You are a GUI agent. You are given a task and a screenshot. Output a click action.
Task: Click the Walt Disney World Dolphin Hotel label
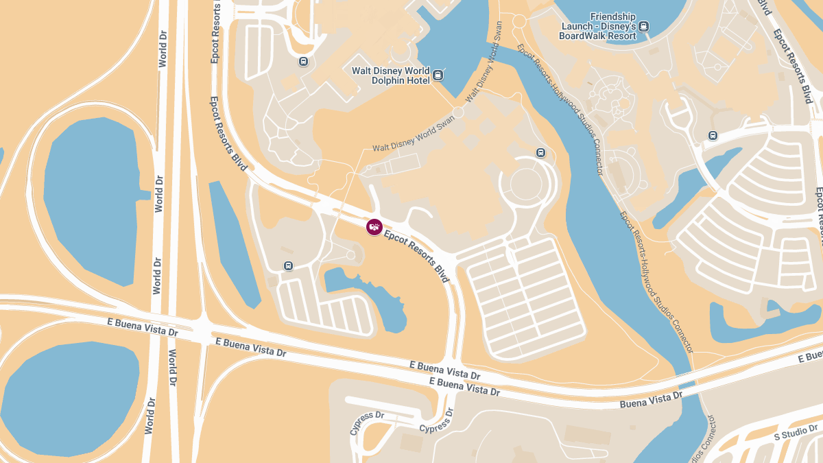(390, 75)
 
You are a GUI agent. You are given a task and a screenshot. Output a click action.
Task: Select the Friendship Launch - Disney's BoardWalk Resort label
(597, 26)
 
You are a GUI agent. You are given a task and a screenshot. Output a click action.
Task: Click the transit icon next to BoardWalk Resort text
(643, 27)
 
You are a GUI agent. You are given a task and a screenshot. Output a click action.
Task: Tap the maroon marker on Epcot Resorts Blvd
(374, 226)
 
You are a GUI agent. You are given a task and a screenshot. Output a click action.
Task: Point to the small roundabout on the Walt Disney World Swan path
(457, 112)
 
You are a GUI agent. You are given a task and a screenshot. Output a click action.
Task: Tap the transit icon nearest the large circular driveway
(540, 152)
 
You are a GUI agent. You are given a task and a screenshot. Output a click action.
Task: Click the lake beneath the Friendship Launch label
(617, 14)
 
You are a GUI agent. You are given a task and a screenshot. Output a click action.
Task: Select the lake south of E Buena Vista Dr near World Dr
(69, 398)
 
